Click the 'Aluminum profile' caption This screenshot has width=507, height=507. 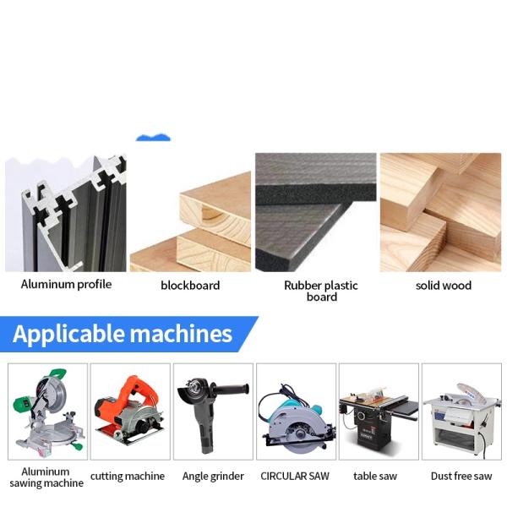coord(66,284)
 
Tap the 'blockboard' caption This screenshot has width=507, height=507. coord(190,285)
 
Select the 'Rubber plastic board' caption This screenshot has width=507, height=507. coord(321,291)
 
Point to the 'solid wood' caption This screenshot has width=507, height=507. coord(444,285)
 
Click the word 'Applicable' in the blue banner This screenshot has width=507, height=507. coord(67,334)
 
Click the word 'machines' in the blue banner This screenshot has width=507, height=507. coord(180,334)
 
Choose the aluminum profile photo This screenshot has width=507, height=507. coord(66,212)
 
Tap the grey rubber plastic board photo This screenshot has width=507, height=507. coord(316,211)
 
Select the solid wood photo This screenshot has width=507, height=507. coord(440,211)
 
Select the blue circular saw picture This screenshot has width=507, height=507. coord(295,414)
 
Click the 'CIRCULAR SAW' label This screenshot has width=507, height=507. coord(295,476)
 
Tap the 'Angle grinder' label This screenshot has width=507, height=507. coord(213,476)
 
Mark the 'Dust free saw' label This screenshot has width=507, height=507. coord(461,476)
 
